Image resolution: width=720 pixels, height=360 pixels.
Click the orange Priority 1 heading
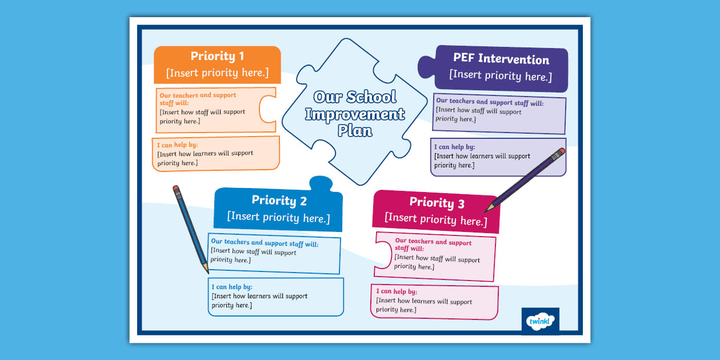[x=217, y=56]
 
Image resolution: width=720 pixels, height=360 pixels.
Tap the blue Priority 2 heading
[x=279, y=201]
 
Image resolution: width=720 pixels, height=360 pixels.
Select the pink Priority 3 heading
[x=437, y=202]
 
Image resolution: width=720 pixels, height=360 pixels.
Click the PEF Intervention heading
[x=501, y=59]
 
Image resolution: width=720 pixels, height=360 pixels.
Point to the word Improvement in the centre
[x=354, y=114]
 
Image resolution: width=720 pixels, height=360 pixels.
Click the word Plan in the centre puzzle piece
[x=355, y=131]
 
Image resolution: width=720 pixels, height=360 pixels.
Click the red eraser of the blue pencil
[x=176, y=188]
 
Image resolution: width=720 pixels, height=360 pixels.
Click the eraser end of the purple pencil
[x=562, y=152]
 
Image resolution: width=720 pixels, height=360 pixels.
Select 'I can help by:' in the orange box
[x=177, y=145]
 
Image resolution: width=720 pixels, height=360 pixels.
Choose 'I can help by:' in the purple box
[x=454, y=147]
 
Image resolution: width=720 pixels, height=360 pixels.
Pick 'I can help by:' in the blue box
[x=231, y=287]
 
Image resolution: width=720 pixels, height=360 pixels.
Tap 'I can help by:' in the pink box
[x=397, y=291]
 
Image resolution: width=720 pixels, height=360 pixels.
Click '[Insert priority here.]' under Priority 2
[x=278, y=217]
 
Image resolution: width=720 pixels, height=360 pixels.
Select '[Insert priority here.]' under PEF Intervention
[x=501, y=75]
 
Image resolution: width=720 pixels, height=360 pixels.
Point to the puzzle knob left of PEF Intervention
[x=426, y=67]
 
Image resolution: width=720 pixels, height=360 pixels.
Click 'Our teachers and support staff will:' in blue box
[x=265, y=243]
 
